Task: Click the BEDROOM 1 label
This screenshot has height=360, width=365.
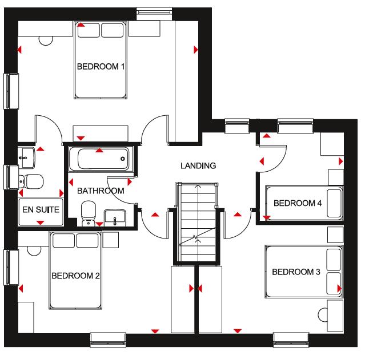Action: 101,67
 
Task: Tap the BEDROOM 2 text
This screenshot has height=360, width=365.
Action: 75,276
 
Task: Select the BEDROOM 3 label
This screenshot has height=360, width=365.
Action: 295,272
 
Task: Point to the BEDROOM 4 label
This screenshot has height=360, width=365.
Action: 297,203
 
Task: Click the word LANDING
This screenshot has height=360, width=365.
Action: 198,166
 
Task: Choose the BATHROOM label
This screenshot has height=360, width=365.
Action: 101,191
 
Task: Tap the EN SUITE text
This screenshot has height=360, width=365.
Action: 41,210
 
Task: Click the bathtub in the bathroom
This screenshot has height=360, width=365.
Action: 99,159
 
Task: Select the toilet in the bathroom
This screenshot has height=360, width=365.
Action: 88,212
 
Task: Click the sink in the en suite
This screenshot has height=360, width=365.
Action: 27,154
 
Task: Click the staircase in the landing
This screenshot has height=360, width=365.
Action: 196,223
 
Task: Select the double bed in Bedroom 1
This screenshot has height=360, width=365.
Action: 101,60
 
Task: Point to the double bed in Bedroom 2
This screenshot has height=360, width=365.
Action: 75,270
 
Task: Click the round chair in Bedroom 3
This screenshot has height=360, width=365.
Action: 323,313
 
